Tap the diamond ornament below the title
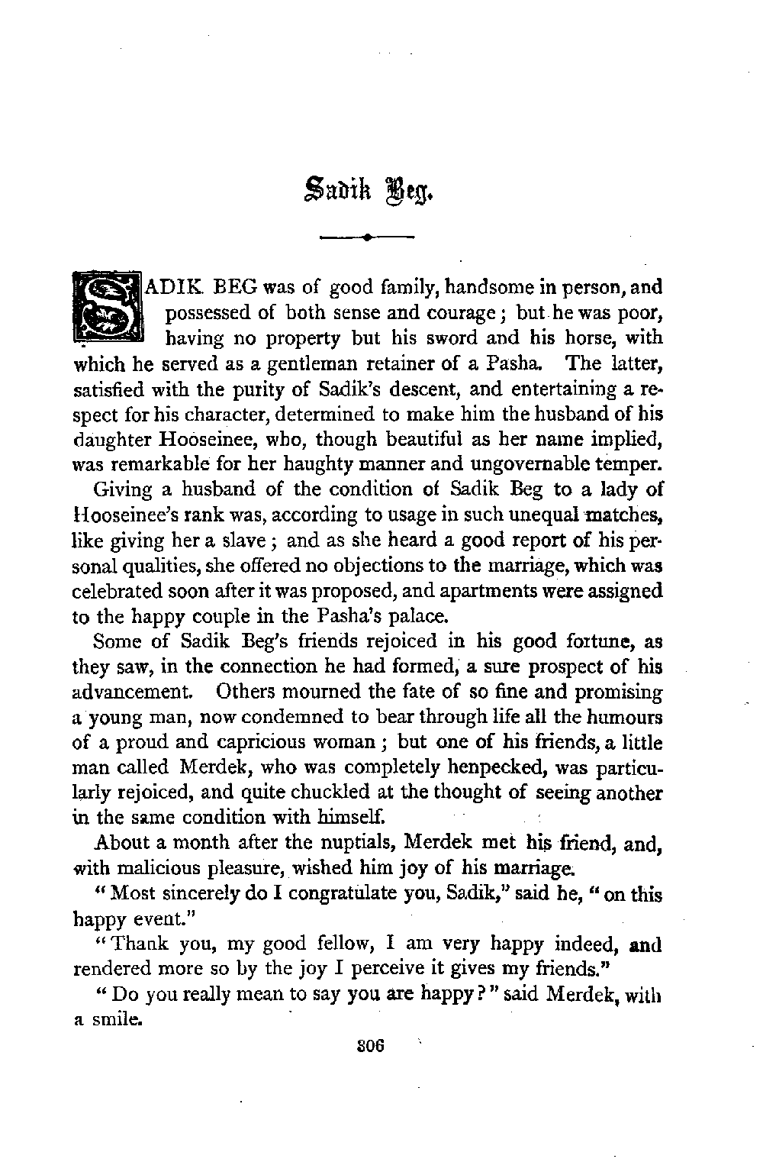(368, 237)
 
